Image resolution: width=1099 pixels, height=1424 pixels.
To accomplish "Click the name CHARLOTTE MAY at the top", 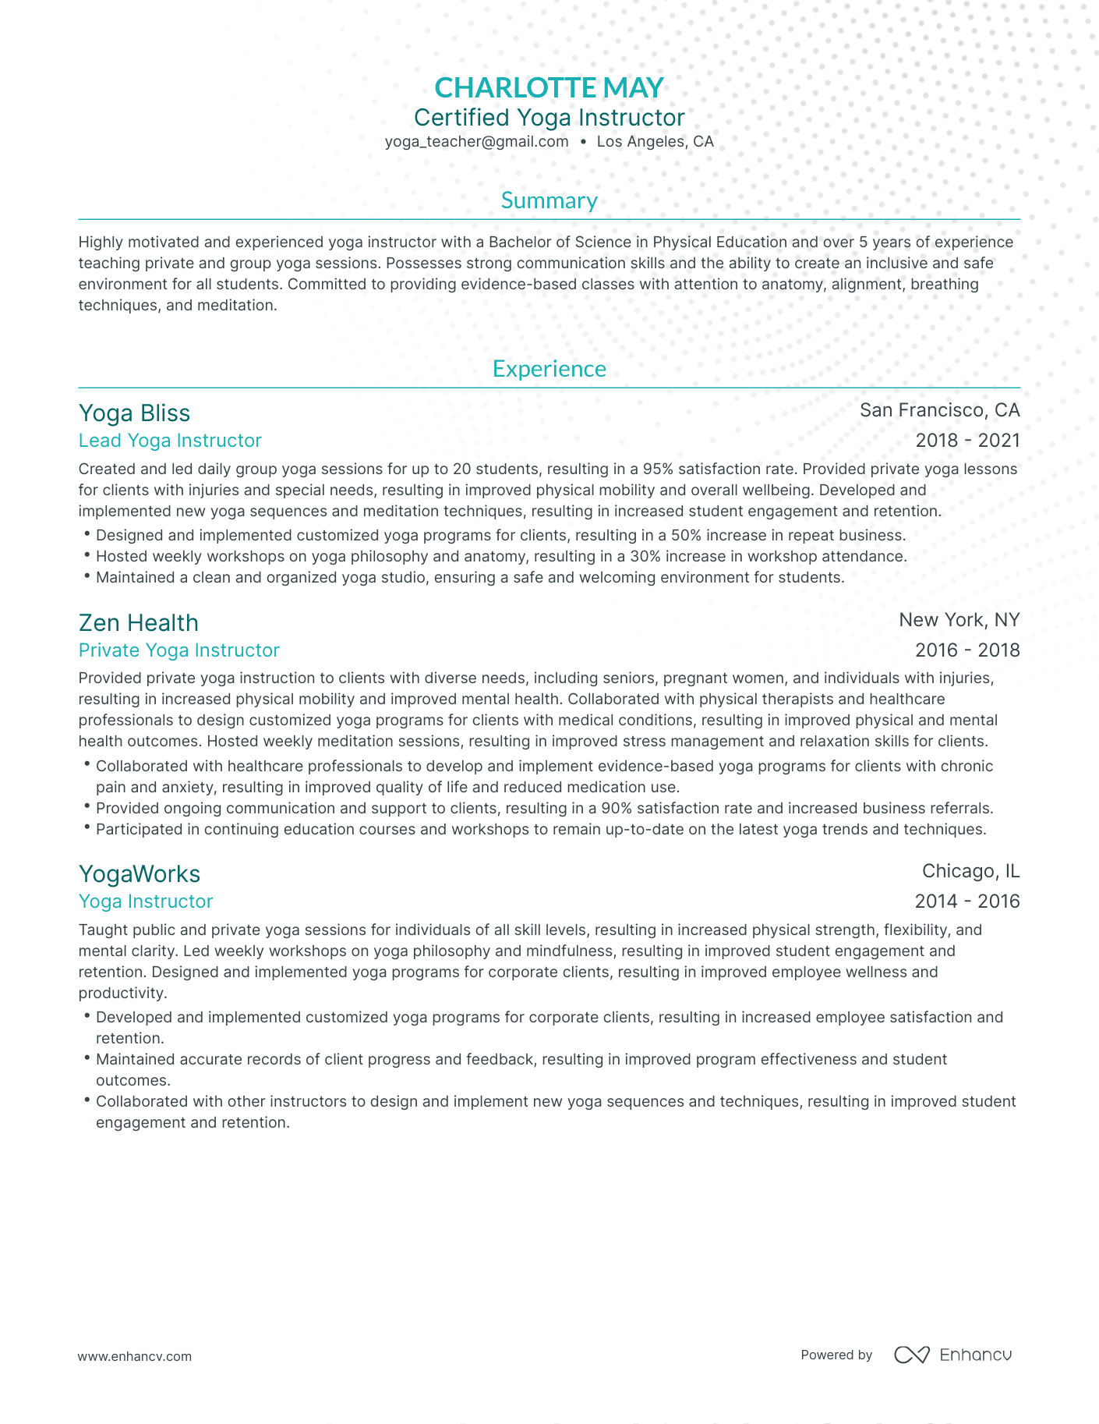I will click(x=549, y=87).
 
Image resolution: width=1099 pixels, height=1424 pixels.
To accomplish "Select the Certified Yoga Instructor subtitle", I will click(x=549, y=118).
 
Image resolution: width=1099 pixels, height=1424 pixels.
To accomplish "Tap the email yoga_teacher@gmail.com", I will click(x=476, y=142).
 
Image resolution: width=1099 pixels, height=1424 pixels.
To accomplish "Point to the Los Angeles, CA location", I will click(x=655, y=142).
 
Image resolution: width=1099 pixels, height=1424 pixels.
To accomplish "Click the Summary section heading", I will click(x=549, y=201).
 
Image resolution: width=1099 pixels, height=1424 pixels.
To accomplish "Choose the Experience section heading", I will click(x=549, y=369).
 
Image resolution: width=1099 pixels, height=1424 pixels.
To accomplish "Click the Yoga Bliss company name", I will click(x=134, y=413).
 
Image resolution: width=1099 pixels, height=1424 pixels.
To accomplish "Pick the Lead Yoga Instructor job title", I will click(x=170, y=441).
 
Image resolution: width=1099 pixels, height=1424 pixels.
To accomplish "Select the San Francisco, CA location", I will click(x=939, y=410).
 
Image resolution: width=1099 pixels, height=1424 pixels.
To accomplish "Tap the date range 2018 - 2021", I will click(x=967, y=441).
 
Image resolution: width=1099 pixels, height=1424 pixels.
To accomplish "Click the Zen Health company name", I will click(x=138, y=623).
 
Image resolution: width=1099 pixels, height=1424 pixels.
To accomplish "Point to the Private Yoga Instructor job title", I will click(x=178, y=650).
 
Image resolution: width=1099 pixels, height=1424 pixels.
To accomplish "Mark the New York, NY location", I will click(x=959, y=620).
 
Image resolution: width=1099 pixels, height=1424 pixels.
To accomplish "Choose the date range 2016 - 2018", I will click(x=967, y=650).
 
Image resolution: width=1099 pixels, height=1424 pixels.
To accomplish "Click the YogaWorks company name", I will click(x=139, y=874).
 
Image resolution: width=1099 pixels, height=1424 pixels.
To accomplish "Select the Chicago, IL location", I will click(x=970, y=871).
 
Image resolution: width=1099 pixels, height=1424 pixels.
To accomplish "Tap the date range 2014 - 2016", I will click(x=967, y=902).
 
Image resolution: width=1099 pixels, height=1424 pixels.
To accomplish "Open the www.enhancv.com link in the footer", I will click(x=134, y=1356).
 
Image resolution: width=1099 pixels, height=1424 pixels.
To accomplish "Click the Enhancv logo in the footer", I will click(x=952, y=1355).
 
